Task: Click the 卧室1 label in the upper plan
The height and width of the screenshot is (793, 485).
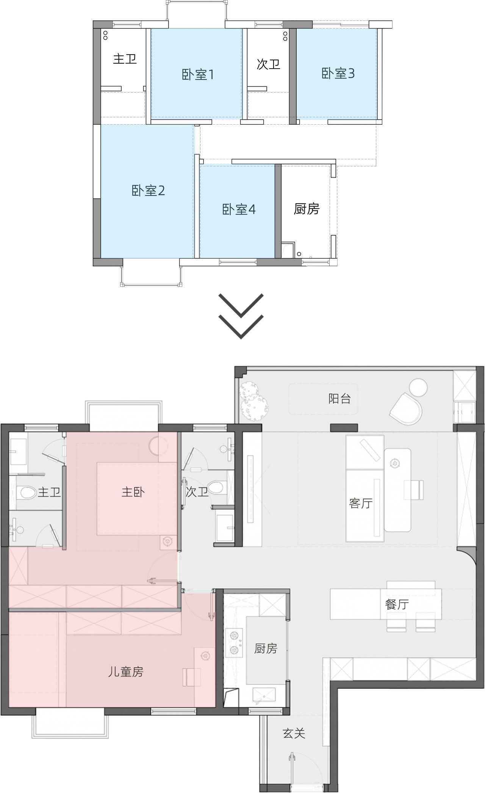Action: click(x=198, y=75)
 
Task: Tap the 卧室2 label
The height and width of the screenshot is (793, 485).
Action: click(x=148, y=191)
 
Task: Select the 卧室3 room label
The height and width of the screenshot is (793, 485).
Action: click(x=338, y=74)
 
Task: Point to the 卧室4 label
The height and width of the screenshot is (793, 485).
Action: click(x=239, y=210)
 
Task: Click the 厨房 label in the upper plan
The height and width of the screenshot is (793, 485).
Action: click(x=307, y=209)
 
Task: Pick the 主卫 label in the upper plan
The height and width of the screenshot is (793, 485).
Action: click(x=125, y=59)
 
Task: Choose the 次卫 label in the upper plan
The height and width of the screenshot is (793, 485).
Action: click(x=268, y=64)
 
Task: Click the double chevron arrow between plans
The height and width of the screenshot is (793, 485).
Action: click(x=241, y=316)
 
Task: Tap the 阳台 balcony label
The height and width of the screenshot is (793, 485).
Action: click(x=339, y=399)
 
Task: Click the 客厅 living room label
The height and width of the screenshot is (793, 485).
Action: click(x=361, y=504)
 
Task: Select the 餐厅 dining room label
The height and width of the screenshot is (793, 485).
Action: click(x=397, y=604)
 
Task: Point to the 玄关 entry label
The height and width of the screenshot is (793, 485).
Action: click(x=294, y=734)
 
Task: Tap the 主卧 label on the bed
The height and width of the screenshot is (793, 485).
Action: click(x=133, y=492)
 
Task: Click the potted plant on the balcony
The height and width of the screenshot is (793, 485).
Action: click(x=253, y=402)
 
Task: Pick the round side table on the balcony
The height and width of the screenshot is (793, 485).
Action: click(x=418, y=388)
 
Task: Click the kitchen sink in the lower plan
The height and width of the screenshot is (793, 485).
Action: click(x=264, y=694)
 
